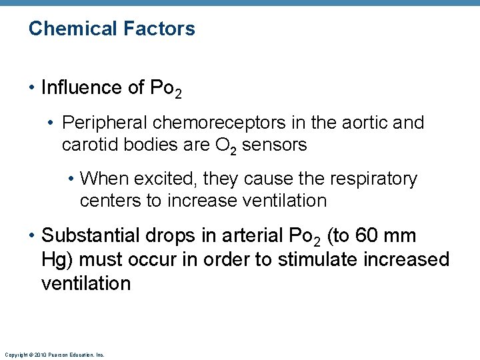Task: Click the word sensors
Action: tap(274, 145)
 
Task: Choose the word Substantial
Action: tap(95, 236)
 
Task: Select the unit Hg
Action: tap(54, 260)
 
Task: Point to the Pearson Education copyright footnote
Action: tap(54, 355)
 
